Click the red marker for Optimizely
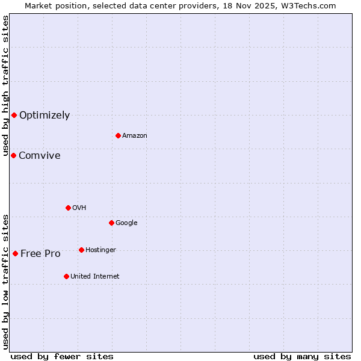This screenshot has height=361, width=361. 14,115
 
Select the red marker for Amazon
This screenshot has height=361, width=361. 118,135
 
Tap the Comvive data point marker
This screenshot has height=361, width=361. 13,155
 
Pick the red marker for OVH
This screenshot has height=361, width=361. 68,208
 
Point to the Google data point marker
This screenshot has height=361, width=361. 111,223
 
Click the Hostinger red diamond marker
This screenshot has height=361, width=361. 81,250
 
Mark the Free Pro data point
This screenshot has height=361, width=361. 15,253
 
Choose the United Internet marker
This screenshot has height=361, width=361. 66,276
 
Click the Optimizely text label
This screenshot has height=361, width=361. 45,116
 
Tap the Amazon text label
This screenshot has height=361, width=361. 135,136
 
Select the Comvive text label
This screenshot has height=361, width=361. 40,156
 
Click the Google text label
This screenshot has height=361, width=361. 126,223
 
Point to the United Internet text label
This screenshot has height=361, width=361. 95,277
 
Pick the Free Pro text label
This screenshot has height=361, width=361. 40,254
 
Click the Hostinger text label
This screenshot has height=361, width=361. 100,250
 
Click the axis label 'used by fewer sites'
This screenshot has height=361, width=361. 62,356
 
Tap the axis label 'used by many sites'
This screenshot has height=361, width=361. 302,356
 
